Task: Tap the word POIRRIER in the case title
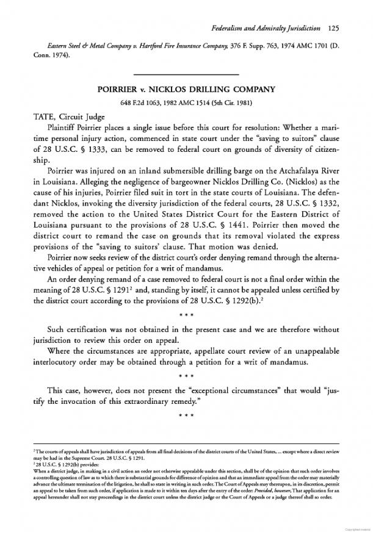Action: pos(121,88)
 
